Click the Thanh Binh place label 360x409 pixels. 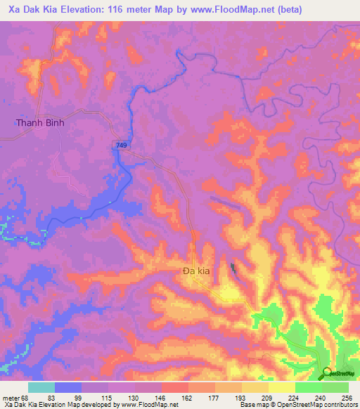pyautogui.click(x=40, y=122)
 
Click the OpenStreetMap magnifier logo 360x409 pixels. pyautogui.click(x=326, y=372)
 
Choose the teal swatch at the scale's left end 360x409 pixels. pyautogui.click(x=41, y=387)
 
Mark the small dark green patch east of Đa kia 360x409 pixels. pyautogui.click(x=233, y=268)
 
